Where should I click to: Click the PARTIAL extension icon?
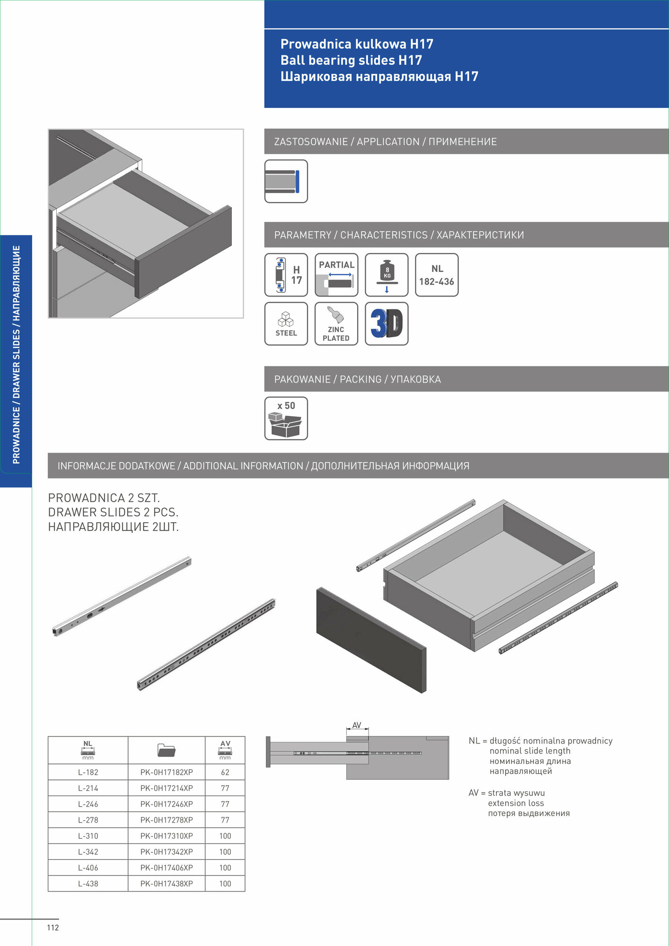click(336, 275)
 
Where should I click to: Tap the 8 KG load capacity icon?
click(387, 275)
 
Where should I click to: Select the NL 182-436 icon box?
click(437, 275)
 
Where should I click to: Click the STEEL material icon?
click(286, 324)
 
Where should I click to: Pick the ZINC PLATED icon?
click(336, 324)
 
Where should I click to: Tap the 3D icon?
click(387, 324)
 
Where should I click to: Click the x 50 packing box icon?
click(286, 419)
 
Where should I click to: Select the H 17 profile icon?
click(286, 275)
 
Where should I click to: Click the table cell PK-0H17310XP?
click(167, 836)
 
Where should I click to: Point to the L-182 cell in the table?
click(88, 772)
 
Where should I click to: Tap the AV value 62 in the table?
click(225, 772)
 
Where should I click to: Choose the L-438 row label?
click(88, 884)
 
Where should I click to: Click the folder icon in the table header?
click(167, 750)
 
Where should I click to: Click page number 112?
click(53, 928)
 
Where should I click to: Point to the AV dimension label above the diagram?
click(357, 725)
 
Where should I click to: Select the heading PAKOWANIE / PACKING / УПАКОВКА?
click(358, 379)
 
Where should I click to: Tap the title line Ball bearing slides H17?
click(351, 60)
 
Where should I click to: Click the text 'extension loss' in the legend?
click(516, 803)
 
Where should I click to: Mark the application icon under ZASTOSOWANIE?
click(286, 182)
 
